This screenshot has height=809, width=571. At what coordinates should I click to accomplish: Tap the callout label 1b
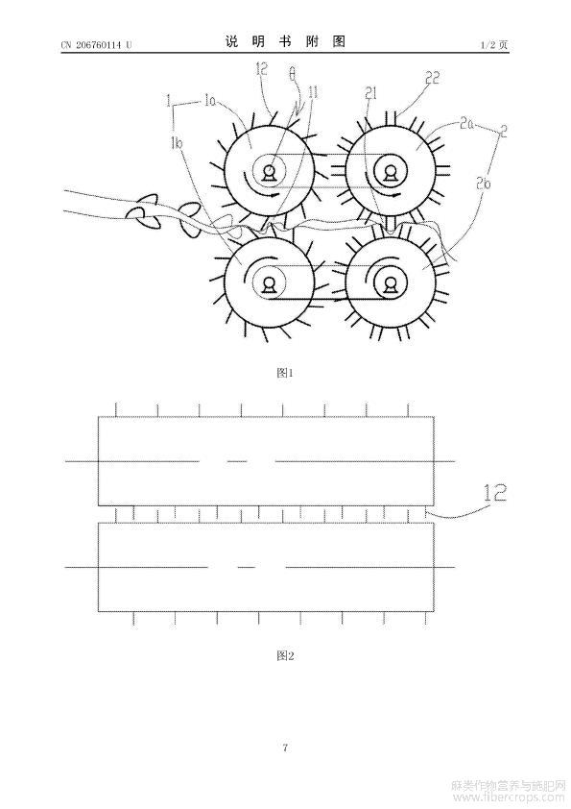click(x=178, y=144)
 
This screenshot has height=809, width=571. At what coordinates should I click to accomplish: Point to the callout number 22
click(x=432, y=78)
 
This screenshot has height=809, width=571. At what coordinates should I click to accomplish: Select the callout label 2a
click(x=466, y=123)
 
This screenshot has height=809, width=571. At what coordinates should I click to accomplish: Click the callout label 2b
click(x=484, y=183)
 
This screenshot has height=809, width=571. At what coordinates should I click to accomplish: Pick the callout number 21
click(x=371, y=93)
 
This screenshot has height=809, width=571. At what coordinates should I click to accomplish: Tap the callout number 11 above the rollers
click(x=313, y=93)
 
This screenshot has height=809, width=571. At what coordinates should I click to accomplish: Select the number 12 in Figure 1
click(x=262, y=68)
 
